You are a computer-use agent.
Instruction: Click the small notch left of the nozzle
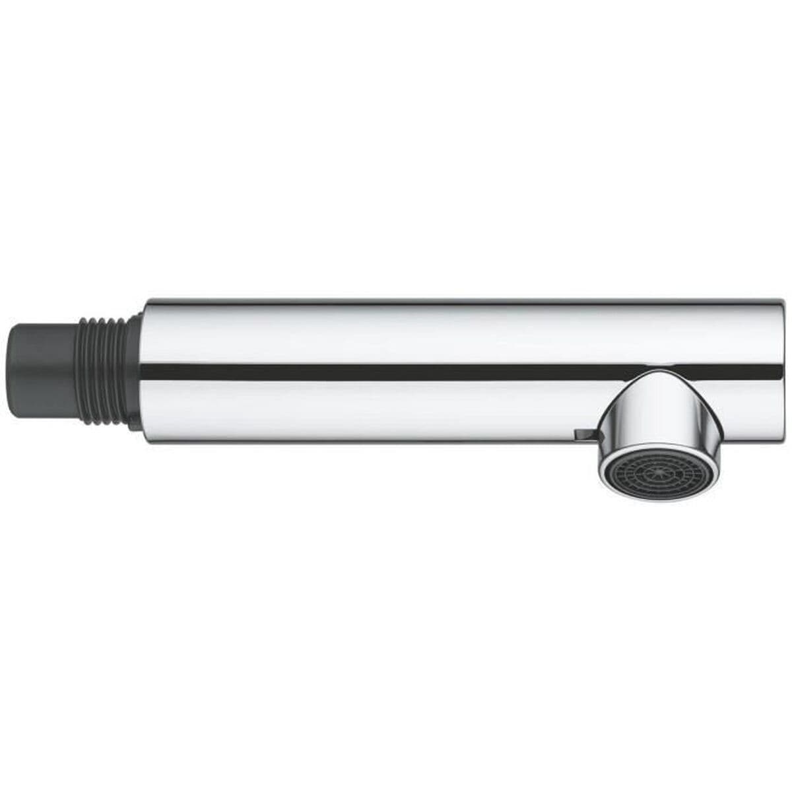point(583,434)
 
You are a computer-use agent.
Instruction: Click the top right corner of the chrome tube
point(782,300)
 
